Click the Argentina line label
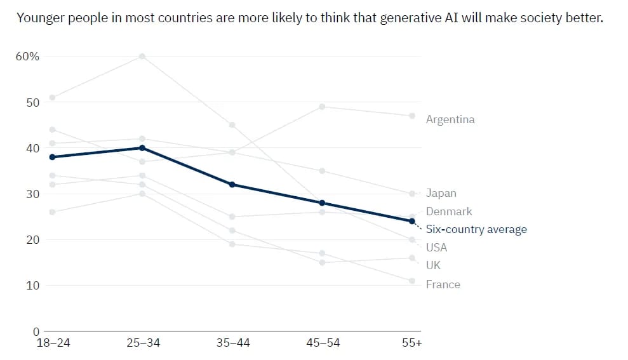point(450,119)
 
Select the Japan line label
point(441,193)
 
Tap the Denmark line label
point(449,211)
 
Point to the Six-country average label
point(476,229)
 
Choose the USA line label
point(436,247)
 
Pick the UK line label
point(433,265)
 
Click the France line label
point(443,284)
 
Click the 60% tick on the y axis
point(27,57)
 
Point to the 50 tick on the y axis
point(32,102)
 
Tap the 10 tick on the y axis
point(32,286)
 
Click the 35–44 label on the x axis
point(232,343)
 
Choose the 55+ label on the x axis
point(412,343)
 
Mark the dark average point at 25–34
point(142,148)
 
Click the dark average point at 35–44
point(232,185)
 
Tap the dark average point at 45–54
point(323,203)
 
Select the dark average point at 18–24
point(52,157)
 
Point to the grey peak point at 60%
point(142,57)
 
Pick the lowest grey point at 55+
point(412,281)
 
